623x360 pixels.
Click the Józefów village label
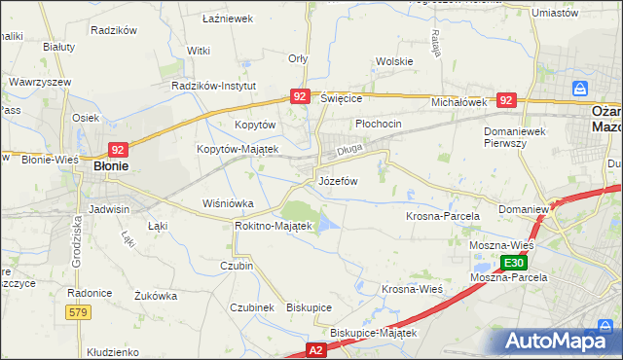[338, 181]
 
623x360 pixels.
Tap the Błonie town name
[112, 166]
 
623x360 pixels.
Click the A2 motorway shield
[315, 347]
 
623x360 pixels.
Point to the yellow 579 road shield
[80, 311]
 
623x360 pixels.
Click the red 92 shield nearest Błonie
[117, 150]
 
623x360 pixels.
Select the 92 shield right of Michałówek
[505, 100]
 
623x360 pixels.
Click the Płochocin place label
[379, 125]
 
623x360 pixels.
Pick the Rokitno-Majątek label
[273, 226]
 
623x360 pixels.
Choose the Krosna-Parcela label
[443, 215]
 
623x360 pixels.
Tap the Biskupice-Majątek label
[373, 333]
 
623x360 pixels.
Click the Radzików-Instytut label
[213, 86]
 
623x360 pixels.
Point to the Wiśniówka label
[227, 204]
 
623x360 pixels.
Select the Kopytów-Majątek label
[238, 149]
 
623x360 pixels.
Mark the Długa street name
[349, 151]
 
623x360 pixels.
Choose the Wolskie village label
[394, 61]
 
